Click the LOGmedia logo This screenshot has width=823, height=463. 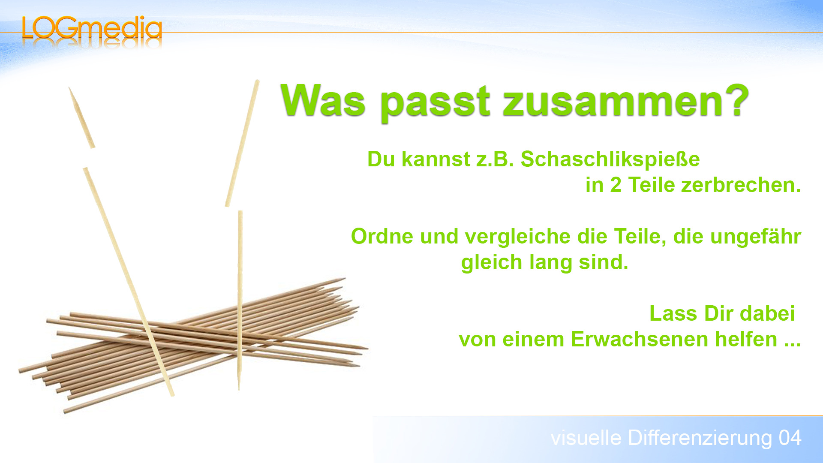pyautogui.click(x=92, y=29)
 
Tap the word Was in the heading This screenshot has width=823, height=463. pyautogui.click(x=323, y=101)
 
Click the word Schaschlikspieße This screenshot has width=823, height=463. pyautogui.click(x=610, y=159)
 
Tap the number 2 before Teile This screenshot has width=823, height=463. pyautogui.click(x=616, y=185)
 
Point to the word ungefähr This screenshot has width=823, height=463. pyautogui.click(x=755, y=237)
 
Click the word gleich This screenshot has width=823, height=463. pyautogui.click(x=491, y=262)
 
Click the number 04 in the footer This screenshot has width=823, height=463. pyautogui.click(x=790, y=438)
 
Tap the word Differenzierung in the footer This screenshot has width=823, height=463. pyautogui.click(x=700, y=438)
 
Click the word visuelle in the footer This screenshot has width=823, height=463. pyautogui.click(x=586, y=438)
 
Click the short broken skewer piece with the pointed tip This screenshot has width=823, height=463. pyautogui.click(x=81, y=117)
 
